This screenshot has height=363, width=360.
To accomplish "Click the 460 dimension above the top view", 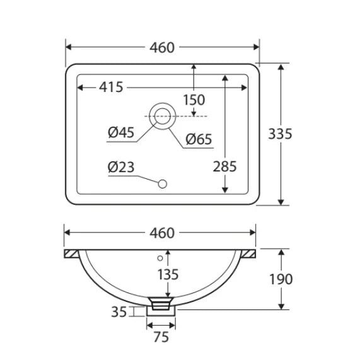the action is pos(161,48).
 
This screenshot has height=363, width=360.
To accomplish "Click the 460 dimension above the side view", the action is pos(161,233).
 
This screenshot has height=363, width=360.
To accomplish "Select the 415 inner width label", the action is pos(111,88).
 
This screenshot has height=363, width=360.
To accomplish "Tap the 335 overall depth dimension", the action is pos(280,134).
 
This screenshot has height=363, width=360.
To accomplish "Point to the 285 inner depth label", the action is pos(224,166).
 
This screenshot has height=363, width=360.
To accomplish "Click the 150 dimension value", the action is pos(194,100).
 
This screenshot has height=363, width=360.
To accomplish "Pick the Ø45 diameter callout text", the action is pos(121,132).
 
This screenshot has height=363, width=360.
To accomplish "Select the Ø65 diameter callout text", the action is pos(199,139).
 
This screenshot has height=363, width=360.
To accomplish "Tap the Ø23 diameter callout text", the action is pos(121,167).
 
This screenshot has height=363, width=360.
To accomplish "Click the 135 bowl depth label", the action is pos(168,275).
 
